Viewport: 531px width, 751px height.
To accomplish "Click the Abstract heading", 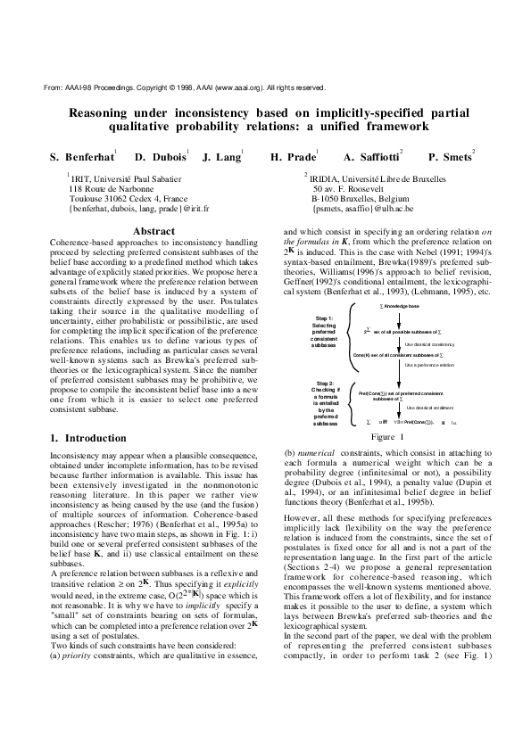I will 153,230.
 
